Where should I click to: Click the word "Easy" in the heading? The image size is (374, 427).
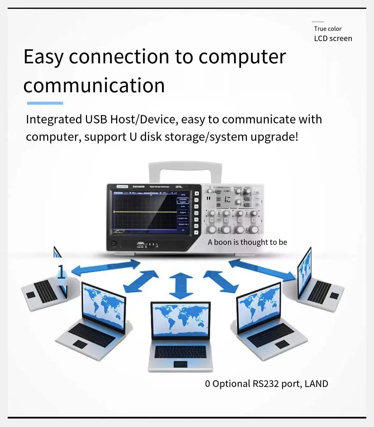(x=44, y=57)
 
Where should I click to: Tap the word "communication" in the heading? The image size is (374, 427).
(x=94, y=86)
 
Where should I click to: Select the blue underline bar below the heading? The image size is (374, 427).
(x=45, y=103)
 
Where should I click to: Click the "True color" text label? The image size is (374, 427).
(x=327, y=29)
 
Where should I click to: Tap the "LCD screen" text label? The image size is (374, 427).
(x=333, y=39)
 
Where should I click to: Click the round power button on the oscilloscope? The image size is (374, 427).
(x=114, y=244)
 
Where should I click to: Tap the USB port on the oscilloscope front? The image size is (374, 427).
(x=141, y=244)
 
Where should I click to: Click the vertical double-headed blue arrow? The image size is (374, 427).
(x=181, y=285)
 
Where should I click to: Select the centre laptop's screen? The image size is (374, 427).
(x=181, y=320)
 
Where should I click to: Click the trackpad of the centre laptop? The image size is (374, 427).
(x=180, y=364)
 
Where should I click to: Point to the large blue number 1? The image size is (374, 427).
(x=61, y=273)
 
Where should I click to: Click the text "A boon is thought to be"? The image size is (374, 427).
(x=247, y=242)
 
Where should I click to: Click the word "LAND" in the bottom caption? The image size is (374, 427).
(x=316, y=384)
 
